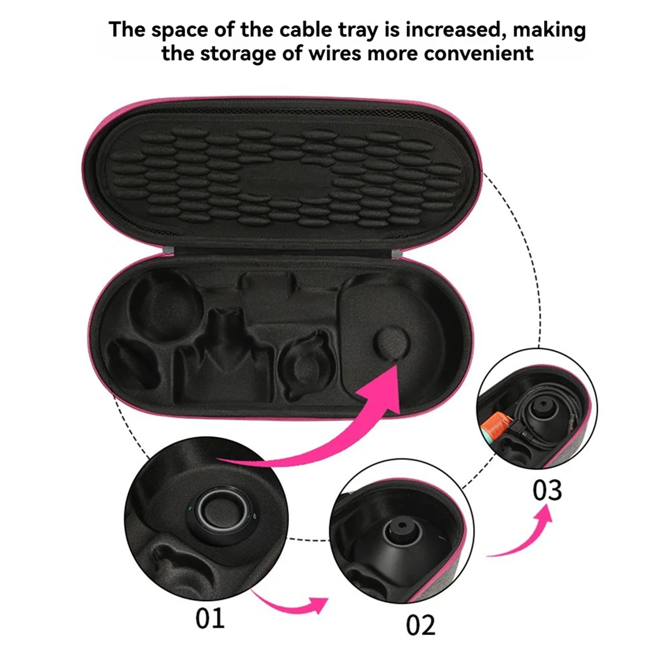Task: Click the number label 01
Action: pyautogui.click(x=210, y=618)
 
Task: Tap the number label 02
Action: pyautogui.click(x=420, y=625)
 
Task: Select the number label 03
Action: pyautogui.click(x=546, y=490)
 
